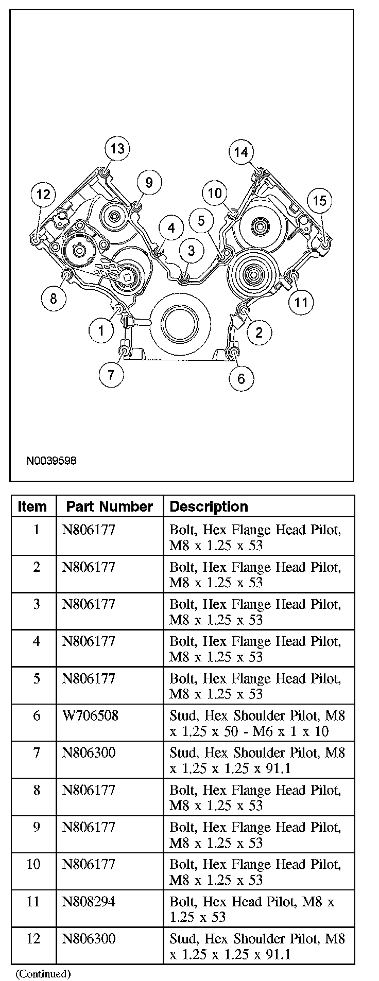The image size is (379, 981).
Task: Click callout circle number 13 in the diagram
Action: [x=117, y=149]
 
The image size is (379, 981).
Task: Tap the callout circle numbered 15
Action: [x=319, y=200]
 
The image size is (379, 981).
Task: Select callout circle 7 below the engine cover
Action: [x=112, y=374]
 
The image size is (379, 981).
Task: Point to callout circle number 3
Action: [x=191, y=251]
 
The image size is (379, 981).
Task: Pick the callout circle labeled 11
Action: [x=301, y=302]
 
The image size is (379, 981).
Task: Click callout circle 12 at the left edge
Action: [x=43, y=194]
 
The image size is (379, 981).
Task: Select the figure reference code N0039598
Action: [x=51, y=460]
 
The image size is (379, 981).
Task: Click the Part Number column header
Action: [x=110, y=506]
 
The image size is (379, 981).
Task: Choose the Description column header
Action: [x=209, y=506]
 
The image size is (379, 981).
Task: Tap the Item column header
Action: [x=32, y=506]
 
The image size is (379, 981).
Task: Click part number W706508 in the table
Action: [x=90, y=715]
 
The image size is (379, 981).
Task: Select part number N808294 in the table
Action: [x=89, y=901]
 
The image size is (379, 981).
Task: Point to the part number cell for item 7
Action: [x=89, y=753]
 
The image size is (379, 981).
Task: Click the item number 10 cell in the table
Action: [x=33, y=864]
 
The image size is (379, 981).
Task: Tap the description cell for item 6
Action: [x=257, y=723]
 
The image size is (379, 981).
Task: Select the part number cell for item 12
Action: [x=89, y=938]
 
